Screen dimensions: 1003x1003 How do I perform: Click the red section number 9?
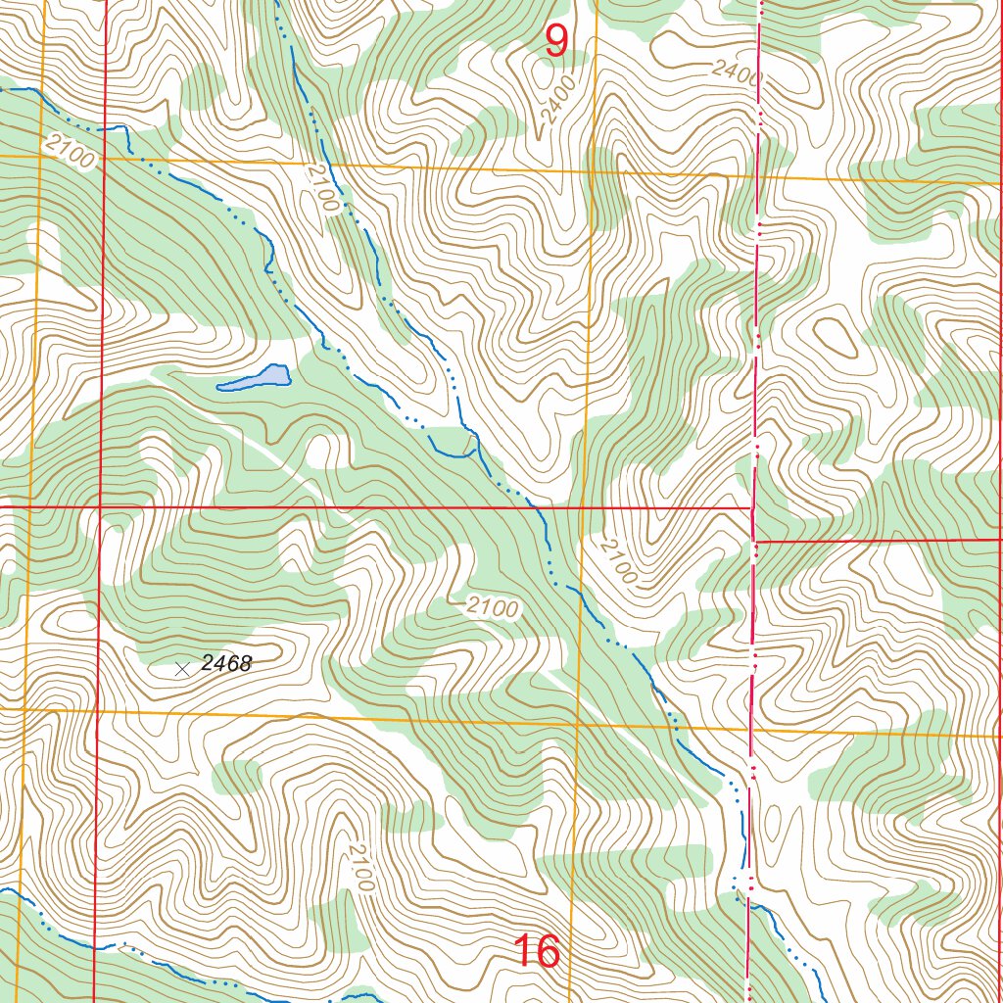pyautogui.click(x=555, y=40)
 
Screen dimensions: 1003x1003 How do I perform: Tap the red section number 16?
pyautogui.click(x=537, y=951)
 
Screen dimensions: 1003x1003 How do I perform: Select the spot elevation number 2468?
pyautogui.click(x=226, y=664)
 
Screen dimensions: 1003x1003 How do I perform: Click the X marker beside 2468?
pyautogui.click(x=181, y=669)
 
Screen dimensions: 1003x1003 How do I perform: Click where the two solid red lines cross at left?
pyautogui.click(x=101, y=506)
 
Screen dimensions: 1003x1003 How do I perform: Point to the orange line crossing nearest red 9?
pyautogui.click(x=591, y=168)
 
